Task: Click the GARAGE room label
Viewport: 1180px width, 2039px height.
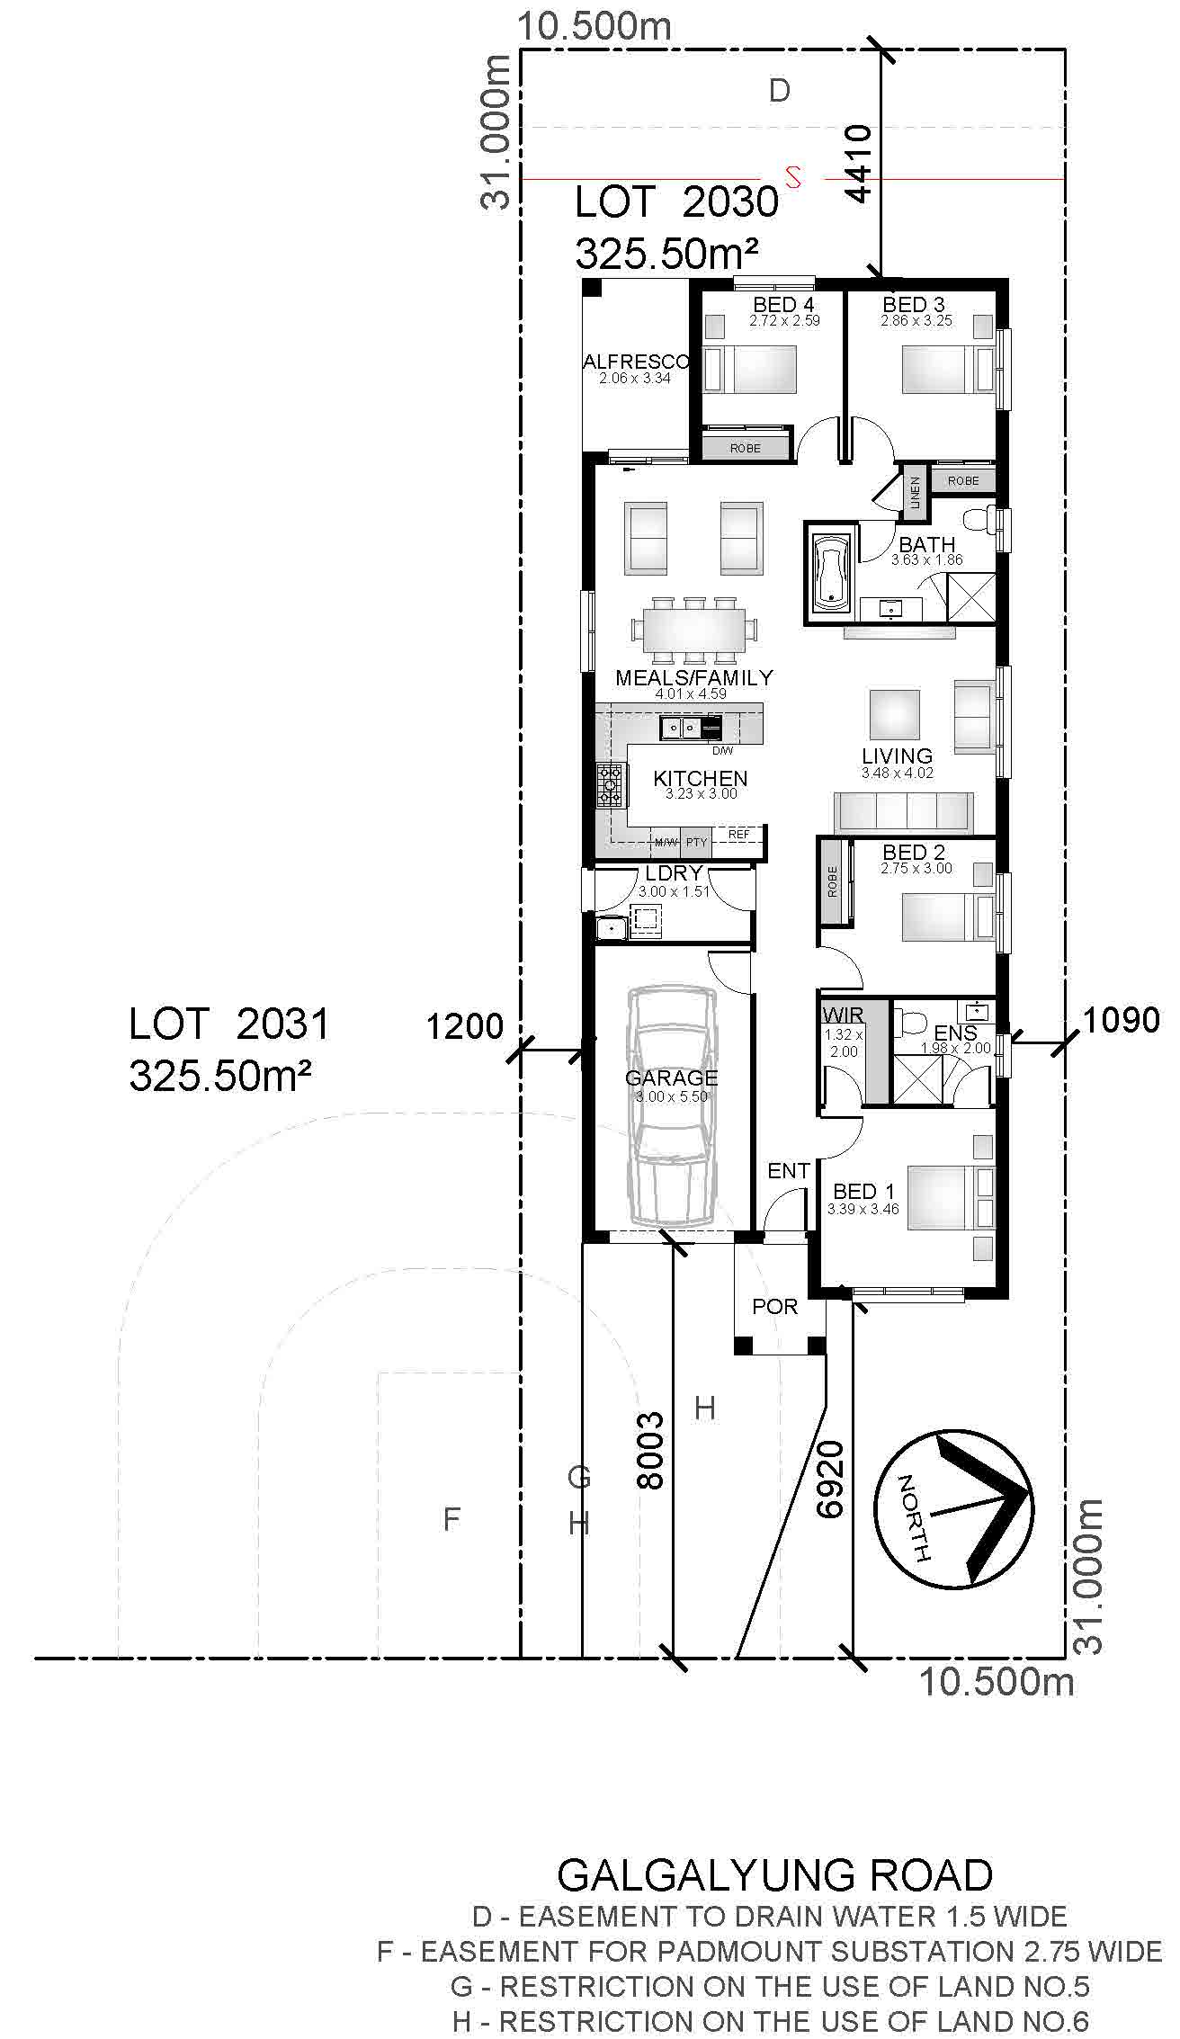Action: click(672, 1078)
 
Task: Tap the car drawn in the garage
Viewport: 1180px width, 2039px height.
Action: click(674, 1106)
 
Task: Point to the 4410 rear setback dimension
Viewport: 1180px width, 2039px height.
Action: click(858, 165)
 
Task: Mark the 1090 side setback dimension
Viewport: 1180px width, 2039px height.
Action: click(1121, 1020)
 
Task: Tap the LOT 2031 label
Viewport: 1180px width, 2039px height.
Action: click(229, 1024)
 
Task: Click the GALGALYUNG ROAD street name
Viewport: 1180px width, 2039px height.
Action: click(774, 1875)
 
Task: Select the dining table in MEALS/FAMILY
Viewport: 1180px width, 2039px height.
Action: click(693, 627)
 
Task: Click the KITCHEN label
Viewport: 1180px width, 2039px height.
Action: click(700, 778)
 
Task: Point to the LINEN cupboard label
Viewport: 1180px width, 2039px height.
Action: click(915, 493)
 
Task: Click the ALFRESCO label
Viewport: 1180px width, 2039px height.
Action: click(636, 362)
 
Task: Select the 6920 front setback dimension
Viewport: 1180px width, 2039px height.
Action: click(831, 1480)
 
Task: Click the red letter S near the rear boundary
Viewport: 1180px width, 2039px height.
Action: click(792, 175)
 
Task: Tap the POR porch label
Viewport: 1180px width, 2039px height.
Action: click(774, 1305)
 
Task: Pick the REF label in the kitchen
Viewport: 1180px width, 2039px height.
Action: click(738, 835)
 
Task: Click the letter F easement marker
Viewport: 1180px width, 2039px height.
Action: click(452, 1519)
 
